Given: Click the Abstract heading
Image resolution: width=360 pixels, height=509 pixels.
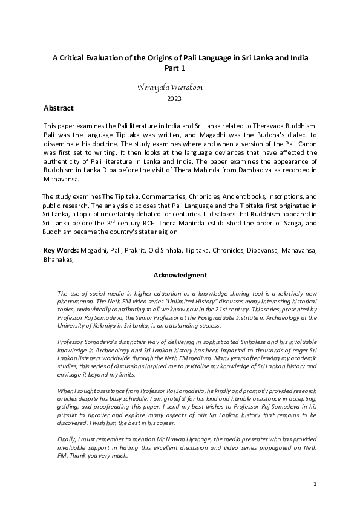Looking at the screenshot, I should pyautogui.click(x=59, y=108).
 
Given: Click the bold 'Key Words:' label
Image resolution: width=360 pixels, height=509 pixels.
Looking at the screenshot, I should pyautogui.click(x=61, y=250).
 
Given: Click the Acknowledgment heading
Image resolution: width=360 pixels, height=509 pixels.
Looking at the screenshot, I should pyautogui.click(x=180, y=276).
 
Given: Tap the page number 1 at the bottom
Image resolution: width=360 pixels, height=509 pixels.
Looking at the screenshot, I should pyautogui.click(x=315, y=484).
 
